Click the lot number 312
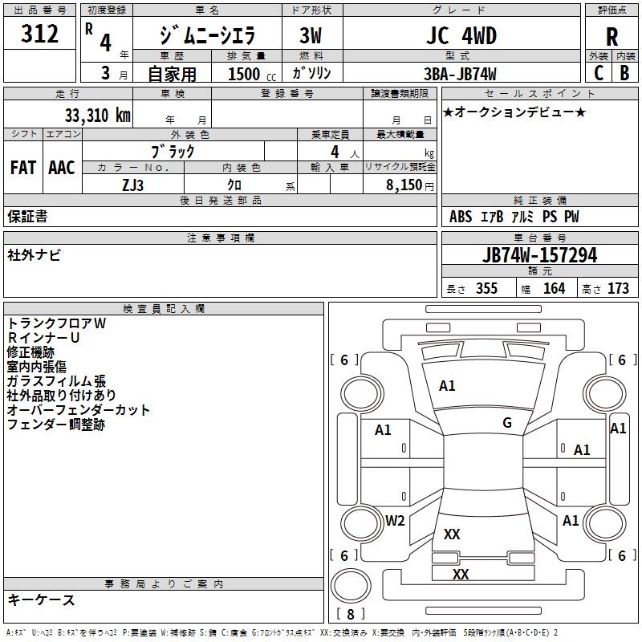tap(39, 34)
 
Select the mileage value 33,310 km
tap(97, 116)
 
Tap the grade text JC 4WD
tap(461, 35)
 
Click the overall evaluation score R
tap(612, 37)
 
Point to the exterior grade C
tap(599, 73)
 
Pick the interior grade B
tap(624, 73)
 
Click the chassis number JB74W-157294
tap(539, 255)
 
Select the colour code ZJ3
tap(133, 185)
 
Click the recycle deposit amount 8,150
tap(404, 185)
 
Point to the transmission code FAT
tap(23, 168)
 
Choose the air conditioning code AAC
tap(62, 168)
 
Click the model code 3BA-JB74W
tap(460, 74)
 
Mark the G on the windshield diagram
tap(507, 423)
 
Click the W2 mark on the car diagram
tap(395, 521)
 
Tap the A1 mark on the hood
tap(447, 386)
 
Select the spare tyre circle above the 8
tap(351, 586)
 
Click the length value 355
tap(486, 288)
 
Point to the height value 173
tap(618, 288)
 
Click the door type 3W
tap(311, 35)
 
